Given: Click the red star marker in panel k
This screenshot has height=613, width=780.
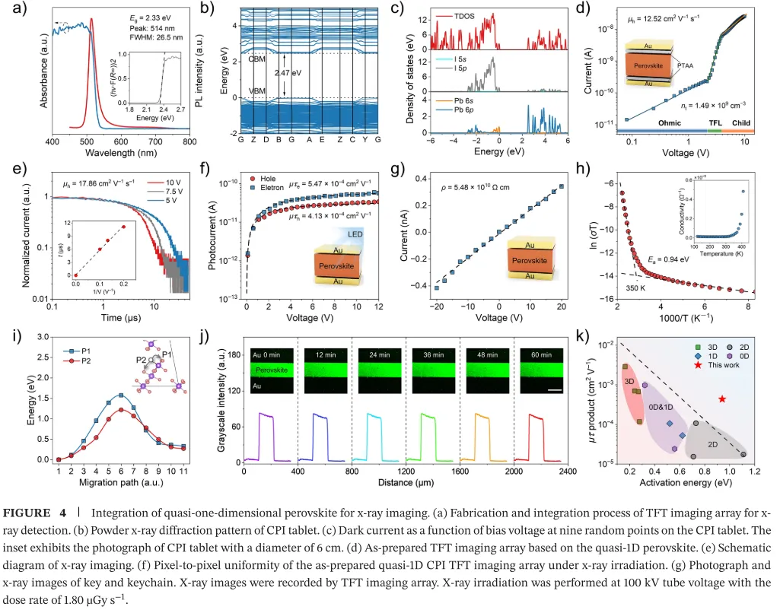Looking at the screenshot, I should [721, 399].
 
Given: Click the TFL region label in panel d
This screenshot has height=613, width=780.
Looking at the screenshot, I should [715, 122].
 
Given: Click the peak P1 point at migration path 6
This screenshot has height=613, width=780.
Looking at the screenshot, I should [121, 395].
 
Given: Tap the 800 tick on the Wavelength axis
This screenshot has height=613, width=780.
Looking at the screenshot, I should [189, 142].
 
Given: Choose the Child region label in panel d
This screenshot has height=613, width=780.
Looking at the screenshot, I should [743, 122].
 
